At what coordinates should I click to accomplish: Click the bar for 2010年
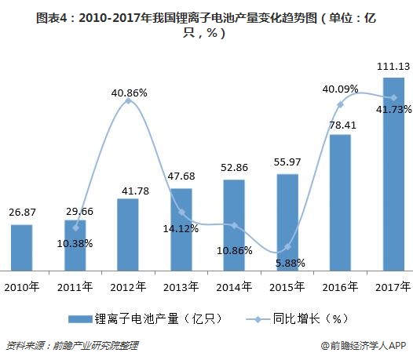click(22, 246)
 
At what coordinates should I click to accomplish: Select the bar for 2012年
click(128, 233)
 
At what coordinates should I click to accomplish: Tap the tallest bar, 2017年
click(393, 173)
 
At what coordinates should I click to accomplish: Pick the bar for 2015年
click(287, 221)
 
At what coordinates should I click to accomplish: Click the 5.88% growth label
click(289, 263)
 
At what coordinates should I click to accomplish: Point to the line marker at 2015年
click(287, 248)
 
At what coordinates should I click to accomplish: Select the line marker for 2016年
click(340, 104)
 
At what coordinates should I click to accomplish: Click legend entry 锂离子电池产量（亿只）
click(141, 318)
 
